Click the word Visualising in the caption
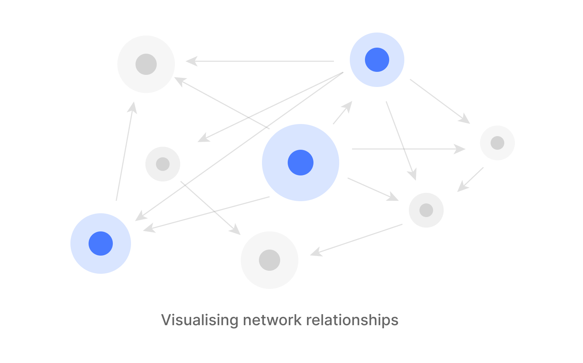(200, 320)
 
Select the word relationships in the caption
(352, 320)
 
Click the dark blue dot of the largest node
(301, 163)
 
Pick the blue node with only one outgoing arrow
(101, 244)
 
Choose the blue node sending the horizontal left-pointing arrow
(377, 60)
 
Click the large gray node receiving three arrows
(146, 64)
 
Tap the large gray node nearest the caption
(270, 260)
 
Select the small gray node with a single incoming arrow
(163, 164)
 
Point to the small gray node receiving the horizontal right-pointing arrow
(497, 143)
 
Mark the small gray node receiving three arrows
(426, 210)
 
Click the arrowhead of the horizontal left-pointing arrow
(192, 61)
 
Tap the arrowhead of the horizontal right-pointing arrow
(460, 149)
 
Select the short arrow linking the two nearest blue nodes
(342, 113)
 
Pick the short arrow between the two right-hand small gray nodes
(471, 180)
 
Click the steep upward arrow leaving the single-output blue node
(125, 151)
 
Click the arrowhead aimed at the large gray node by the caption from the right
(316, 253)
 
